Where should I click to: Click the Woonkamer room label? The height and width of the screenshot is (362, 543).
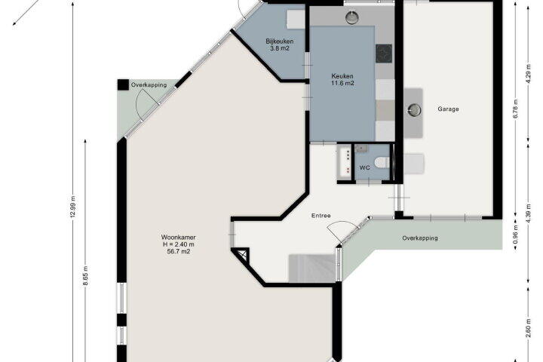click(178, 238)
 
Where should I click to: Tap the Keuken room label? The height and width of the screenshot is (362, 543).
click(342, 76)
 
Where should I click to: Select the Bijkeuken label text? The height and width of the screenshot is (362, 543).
click(280, 41)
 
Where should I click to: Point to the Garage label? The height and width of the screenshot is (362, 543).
click(448, 109)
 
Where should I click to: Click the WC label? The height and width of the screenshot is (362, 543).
click(365, 167)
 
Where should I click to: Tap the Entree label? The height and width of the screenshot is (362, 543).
click(321, 216)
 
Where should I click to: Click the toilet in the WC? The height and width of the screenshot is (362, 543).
click(382, 162)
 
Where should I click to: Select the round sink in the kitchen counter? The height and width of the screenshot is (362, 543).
click(352, 17)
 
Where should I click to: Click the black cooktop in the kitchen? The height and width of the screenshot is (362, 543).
click(384, 54)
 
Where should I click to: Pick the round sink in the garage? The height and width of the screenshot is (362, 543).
click(414, 110)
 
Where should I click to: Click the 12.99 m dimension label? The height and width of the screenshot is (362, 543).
click(72, 207)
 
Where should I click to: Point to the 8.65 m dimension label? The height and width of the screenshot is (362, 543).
click(86, 275)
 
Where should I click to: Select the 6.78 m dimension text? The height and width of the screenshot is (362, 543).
click(515, 109)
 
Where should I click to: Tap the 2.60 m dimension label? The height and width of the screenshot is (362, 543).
click(529, 327)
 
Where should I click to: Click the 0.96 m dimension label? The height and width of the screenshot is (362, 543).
click(515, 235)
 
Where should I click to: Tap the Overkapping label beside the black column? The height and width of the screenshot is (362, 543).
click(149, 85)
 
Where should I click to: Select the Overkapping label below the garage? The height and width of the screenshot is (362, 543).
click(420, 238)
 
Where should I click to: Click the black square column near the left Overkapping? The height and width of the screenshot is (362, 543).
click(123, 85)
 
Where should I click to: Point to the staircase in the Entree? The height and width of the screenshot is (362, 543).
click(312, 268)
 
